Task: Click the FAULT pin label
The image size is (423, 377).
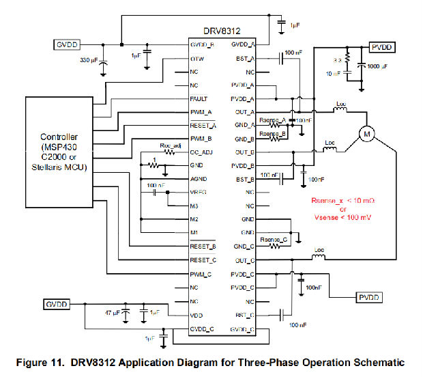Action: click(200, 98)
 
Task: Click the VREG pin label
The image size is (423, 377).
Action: click(199, 193)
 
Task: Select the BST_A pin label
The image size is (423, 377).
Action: click(244, 59)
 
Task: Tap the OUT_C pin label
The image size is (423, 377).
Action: click(244, 260)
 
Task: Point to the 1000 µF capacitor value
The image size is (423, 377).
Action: click(377, 67)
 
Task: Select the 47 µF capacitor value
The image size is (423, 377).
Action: click(112, 312)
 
